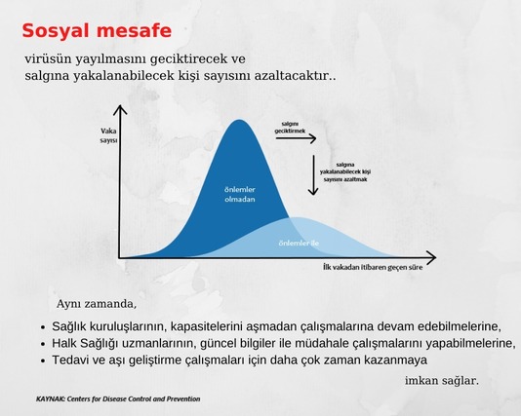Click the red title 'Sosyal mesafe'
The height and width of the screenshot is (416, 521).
coord(97,31)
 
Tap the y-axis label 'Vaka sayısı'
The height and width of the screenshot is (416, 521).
coord(108,135)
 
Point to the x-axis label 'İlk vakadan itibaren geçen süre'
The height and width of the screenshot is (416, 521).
coord(373,267)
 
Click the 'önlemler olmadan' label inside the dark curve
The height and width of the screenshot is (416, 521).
coord(240,195)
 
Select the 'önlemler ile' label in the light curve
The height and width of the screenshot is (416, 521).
coord(299,244)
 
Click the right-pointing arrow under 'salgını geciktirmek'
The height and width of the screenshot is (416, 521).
coord(296,138)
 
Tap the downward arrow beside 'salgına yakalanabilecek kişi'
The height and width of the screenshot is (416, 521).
coord(313,174)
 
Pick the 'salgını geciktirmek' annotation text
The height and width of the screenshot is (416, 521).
coord(290,128)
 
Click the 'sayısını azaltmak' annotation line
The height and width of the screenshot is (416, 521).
coord(345,179)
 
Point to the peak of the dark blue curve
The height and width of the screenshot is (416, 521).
coord(239,120)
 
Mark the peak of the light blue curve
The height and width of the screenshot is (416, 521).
coord(296,217)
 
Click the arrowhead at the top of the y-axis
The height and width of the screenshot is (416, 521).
coord(120,107)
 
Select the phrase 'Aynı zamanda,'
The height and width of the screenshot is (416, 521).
coord(97,304)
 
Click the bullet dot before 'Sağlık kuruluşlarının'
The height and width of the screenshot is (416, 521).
coord(43,327)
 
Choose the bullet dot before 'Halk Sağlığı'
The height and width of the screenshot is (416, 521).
coord(43,344)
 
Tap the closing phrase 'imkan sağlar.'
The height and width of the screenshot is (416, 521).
coord(442,381)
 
